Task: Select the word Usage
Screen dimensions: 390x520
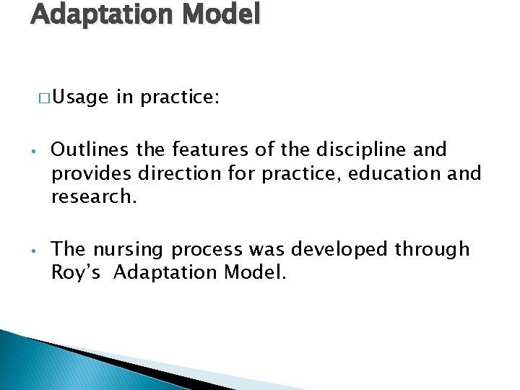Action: point(79,97)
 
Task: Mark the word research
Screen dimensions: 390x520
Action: point(93,196)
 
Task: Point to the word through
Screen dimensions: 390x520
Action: point(433,250)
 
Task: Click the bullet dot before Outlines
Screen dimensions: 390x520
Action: point(34,152)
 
